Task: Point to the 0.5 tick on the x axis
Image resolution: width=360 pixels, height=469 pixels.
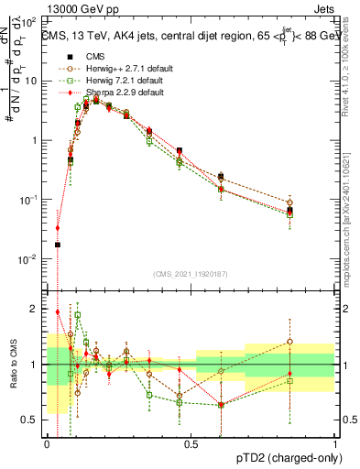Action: pyautogui.click(x=191, y=444)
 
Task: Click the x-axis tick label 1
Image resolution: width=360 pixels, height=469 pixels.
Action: pyautogui.click(x=334, y=444)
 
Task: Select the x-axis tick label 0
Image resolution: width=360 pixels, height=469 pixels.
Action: pyautogui.click(x=47, y=444)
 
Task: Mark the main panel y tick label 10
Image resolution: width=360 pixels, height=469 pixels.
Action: pyautogui.click(x=33, y=81)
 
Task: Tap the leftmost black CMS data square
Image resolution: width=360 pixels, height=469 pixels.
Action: pyautogui.click(x=58, y=245)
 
